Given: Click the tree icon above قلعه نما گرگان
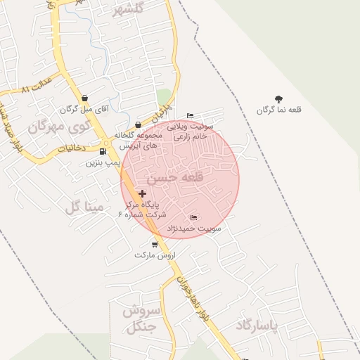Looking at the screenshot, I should click(279, 99).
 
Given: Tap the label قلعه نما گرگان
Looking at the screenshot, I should click(278, 110).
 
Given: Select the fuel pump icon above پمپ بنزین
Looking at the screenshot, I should click(103, 151).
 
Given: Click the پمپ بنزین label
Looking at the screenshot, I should click(103, 162).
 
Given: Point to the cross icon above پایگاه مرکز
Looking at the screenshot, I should click(143, 193).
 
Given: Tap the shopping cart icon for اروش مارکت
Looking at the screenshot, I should click(155, 245).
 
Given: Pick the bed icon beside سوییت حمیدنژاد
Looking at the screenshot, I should click(194, 217).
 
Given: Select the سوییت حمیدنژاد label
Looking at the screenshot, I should click(194, 229).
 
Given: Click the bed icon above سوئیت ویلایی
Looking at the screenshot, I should click(190, 116).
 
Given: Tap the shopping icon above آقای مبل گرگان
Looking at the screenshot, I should click(84, 98).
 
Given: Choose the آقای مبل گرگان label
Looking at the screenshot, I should click(77, 110).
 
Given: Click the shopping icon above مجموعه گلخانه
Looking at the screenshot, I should click(138, 125).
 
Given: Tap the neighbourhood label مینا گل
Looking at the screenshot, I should click(84, 207).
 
